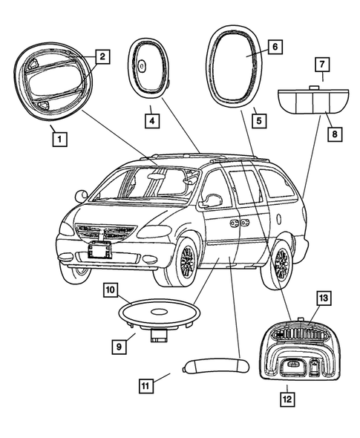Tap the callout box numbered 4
151,119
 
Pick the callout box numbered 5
258,118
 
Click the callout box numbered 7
322,64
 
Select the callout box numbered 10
110,290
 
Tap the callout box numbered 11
147,385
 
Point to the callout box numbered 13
322,298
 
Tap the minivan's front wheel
185,261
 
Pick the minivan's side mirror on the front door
212,200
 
